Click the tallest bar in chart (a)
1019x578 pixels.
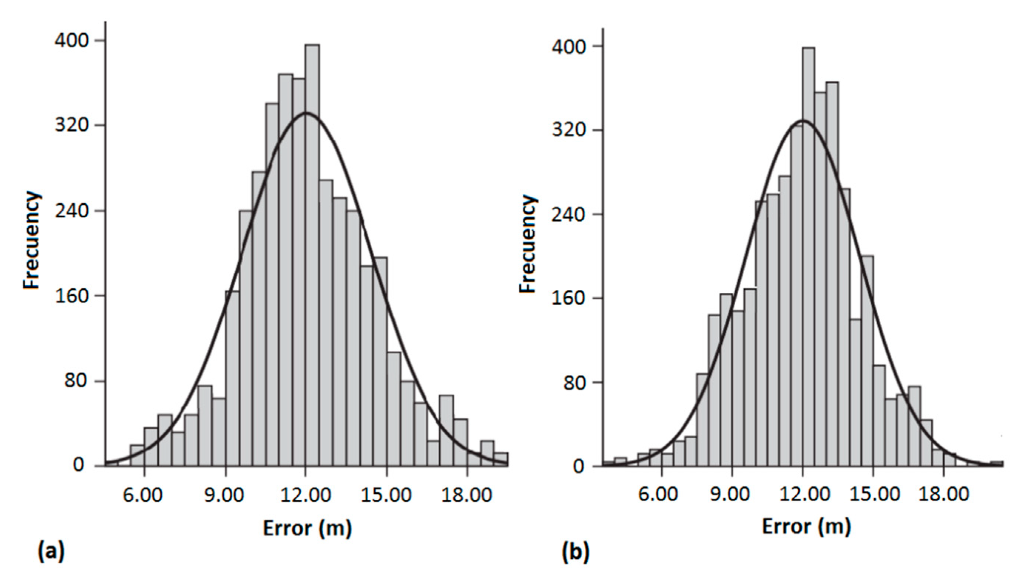pos(312,254)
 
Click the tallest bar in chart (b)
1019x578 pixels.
pos(808,262)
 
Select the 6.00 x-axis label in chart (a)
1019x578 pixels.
pos(143,495)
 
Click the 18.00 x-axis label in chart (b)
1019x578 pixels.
pos(944,494)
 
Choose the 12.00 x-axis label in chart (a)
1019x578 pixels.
pos(305,495)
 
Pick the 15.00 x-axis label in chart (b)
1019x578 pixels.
pos(874,494)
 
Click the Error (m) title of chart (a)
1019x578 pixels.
pos(307,528)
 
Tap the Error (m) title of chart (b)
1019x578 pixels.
pos(806,527)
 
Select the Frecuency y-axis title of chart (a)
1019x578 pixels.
pos(32,240)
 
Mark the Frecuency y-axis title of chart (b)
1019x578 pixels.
pos(529,243)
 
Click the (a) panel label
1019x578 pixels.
pos(51,552)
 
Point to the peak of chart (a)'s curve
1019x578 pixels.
pos(306,113)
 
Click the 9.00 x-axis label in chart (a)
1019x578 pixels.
pos(224,495)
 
